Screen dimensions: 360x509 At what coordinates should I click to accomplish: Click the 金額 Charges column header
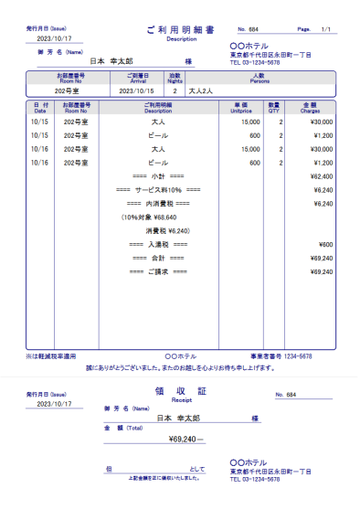pos(316,108)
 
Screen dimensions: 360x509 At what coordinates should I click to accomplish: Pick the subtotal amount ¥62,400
pos(321,175)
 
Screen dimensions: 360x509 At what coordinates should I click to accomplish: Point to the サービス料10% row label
pos(158,189)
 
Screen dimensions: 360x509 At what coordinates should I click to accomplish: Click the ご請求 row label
pos(158,271)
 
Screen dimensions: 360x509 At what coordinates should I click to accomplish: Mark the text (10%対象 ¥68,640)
pos(148,217)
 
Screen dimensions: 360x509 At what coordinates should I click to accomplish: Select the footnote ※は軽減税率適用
pos(49,356)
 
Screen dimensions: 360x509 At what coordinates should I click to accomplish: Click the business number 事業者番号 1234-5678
pos(281,356)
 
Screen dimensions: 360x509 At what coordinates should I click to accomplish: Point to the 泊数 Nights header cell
pos(175,78)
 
